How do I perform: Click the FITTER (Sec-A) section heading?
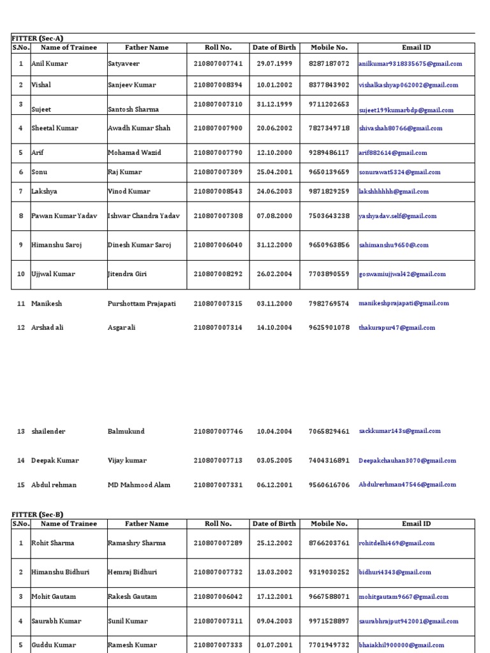(x=37, y=38)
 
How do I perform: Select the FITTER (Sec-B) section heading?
(x=37, y=515)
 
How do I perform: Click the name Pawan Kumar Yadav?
(x=64, y=216)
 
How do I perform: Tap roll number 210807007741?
(x=218, y=64)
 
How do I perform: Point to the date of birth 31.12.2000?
(x=274, y=245)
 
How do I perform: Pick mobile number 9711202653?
(x=329, y=104)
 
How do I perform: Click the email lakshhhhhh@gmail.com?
(x=394, y=191)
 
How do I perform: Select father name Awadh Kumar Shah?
(x=139, y=128)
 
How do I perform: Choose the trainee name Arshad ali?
(x=47, y=328)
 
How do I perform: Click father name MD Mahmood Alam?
(x=139, y=485)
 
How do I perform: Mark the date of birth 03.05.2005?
(x=274, y=460)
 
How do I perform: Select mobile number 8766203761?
(x=329, y=543)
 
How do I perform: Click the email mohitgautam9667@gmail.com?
(x=404, y=597)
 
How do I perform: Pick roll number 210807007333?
(x=218, y=645)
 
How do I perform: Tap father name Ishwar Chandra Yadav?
(x=144, y=216)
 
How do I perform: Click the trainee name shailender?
(x=48, y=432)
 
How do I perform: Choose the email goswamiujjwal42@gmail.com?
(x=402, y=274)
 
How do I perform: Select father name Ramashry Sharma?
(x=137, y=543)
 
